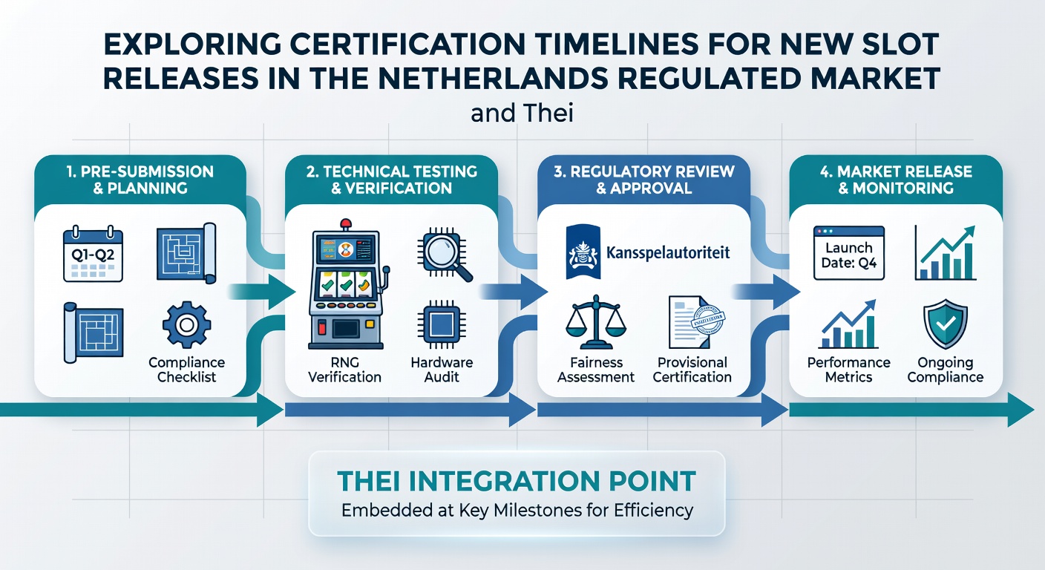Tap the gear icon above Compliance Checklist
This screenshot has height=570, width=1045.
click(x=186, y=324)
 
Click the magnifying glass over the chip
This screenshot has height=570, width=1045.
click(x=445, y=255)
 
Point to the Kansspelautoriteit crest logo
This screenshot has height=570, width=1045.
click(x=583, y=252)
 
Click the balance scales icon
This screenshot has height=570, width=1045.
click(x=596, y=322)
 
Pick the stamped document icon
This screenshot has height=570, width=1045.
click(x=696, y=322)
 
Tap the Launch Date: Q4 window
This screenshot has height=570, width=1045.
click(x=848, y=253)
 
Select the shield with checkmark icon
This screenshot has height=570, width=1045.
click(x=945, y=324)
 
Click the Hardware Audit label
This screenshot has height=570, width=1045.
click(x=442, y=370)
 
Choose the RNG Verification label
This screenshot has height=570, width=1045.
click(x=345, y=370)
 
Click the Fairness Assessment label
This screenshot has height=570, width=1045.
click(x=596, y=370)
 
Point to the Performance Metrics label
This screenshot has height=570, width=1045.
click(x=848, y=370)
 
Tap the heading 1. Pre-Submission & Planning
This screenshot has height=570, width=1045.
click(x=140, y=180)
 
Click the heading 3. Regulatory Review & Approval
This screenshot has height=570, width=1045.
click(x=643, y=180)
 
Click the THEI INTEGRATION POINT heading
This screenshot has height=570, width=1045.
click(x=517, y=481)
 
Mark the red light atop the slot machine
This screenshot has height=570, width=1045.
click(x=346, y=224)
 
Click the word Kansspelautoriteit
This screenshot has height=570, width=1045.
click(x=668, y=252)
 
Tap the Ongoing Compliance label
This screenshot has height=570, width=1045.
click(x=945, y=370)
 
